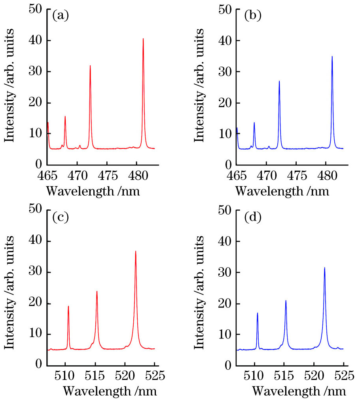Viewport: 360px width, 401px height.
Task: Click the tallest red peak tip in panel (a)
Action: pos(143,39)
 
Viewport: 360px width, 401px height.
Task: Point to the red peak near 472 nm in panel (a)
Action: pos(90,66)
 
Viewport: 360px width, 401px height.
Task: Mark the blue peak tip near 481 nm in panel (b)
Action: pos(332,56)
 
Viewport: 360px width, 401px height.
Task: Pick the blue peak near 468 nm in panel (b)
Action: pos(254,123)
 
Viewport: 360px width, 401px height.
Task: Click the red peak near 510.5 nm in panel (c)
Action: pos(68,306)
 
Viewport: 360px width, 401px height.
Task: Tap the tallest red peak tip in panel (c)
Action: pos(136,251)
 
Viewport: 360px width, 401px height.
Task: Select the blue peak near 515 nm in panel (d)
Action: pos(286,301)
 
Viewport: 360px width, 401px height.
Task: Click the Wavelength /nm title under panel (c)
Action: pos(110,392)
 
